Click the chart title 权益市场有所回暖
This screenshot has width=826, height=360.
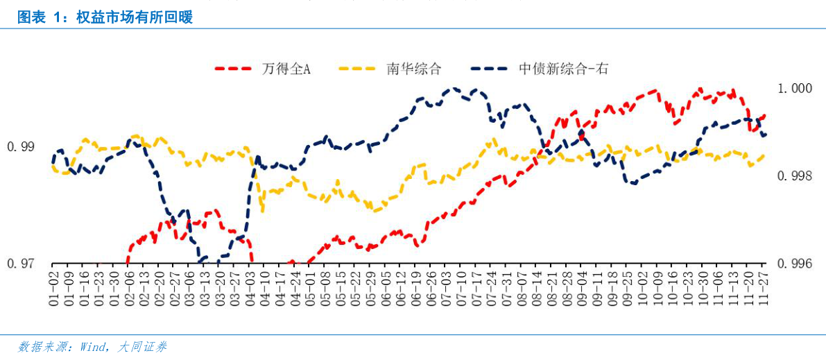104,17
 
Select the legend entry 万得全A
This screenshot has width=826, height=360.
285,68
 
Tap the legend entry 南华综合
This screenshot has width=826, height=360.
413,68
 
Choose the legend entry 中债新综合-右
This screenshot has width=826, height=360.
563,68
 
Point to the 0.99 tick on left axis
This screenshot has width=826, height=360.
20,147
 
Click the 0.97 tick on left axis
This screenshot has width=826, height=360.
20,264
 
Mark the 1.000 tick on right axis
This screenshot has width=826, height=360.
795,89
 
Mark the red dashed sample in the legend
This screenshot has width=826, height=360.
234,68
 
